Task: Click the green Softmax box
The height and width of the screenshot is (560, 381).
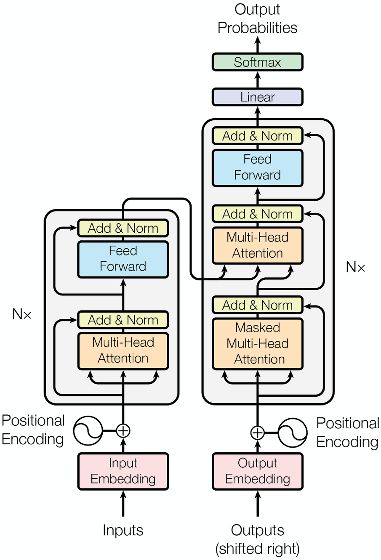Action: (257, 62)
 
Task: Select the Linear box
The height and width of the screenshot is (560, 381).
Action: (257, 97)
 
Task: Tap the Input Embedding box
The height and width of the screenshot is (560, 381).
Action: (123, 471)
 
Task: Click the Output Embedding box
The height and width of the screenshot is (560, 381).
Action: (257, 471)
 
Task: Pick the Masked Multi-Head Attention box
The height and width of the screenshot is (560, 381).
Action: (257, 344)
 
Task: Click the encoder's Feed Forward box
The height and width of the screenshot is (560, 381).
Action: (123, 259)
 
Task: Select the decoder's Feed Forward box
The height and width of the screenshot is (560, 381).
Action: (257, 167)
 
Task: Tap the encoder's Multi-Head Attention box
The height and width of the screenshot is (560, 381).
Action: (123, 350)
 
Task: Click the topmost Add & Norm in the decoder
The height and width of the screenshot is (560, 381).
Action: (257, 136)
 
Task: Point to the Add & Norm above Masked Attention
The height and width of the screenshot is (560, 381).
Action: (257, 305)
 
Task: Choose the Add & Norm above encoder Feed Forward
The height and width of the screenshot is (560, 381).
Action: (123, 228)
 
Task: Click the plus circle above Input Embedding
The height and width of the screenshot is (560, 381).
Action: (123, 431)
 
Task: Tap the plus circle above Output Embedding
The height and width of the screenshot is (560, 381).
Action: (257, 433)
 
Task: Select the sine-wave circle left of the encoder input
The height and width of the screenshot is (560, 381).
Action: (88, 431)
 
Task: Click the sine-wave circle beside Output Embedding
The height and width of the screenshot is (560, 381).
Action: (292, 433)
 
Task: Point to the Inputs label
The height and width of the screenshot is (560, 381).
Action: (123, 530)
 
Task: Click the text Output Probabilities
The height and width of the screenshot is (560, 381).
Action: (257, 19)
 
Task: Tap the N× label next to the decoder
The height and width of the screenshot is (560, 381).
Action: (355, 267)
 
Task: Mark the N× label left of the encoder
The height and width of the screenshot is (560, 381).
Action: (22, 314)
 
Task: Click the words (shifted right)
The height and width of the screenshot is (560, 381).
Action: (257, 549)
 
